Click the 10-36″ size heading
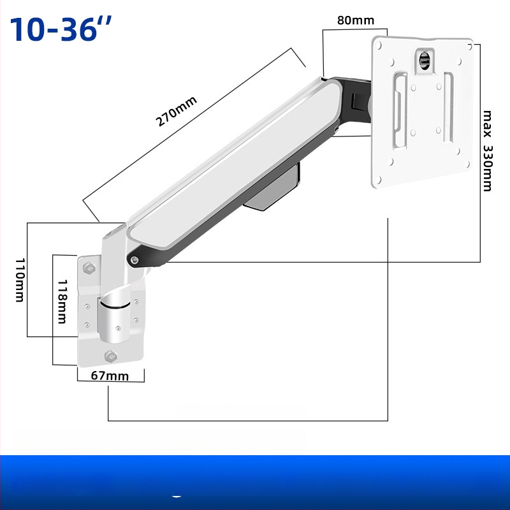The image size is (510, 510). coord(61,29)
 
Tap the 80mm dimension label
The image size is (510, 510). coord(356,20)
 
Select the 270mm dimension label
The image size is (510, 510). coord(176,111)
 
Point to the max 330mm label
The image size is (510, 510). coord(487,150)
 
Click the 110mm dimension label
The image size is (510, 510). coord(20,280)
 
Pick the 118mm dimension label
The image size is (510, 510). coord(62,301)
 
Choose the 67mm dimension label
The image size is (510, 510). coord(110,375)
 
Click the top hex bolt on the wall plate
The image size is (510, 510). coord(89,268)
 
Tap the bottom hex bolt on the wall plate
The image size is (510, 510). coord(110,356)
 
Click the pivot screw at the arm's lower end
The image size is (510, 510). coord(135,260)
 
